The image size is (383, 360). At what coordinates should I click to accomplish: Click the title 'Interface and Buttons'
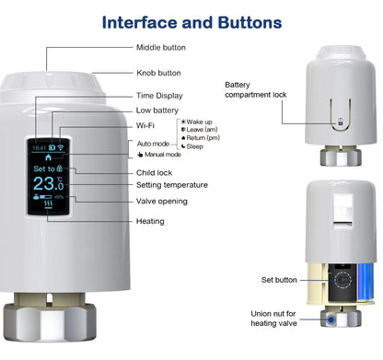[191, 20]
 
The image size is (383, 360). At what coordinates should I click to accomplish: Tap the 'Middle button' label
[160, 47]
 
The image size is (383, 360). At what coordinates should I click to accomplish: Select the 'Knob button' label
[158, 73]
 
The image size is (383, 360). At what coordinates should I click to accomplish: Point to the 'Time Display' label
[159, 96]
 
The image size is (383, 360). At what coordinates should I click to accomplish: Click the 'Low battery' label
[157, 110]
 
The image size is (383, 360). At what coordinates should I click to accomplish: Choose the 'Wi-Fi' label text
[145, 125]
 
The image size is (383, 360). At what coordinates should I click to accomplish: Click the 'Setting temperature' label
[171, 185]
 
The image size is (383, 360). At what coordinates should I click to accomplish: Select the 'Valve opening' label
[162, 201]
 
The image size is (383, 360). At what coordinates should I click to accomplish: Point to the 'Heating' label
[150, 221]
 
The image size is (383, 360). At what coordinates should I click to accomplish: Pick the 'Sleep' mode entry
[195, 146]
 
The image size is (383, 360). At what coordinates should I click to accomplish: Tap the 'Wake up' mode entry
[199, 122]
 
